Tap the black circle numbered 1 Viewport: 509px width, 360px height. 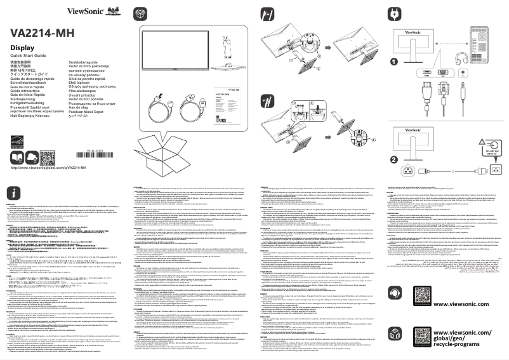(x=394, y=62)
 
